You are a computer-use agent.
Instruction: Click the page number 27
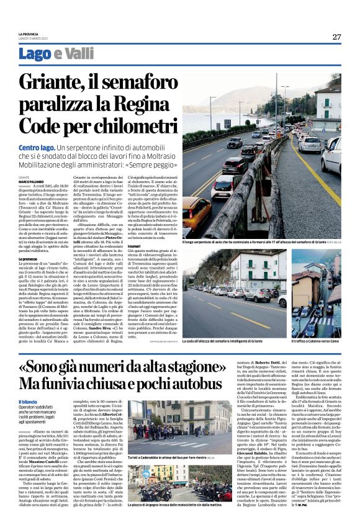coord(336,37)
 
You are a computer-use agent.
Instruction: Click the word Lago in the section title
coord(52,54)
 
